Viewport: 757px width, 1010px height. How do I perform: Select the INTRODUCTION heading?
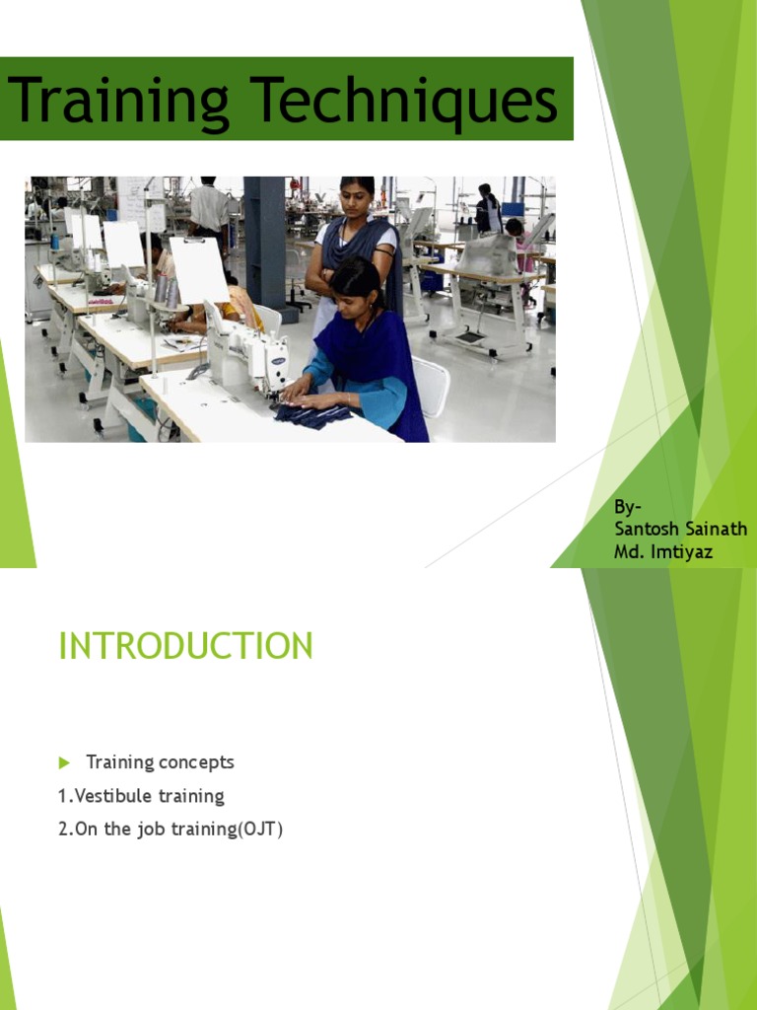pos(185,646)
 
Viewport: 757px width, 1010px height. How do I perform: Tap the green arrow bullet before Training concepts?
pos(65,762)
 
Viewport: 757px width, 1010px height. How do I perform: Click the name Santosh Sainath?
pos(680,530)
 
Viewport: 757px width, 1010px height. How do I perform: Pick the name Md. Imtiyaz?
pos(662,551)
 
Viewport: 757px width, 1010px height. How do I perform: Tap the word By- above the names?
pos(628,507)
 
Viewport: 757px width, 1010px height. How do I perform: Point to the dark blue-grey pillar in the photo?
pos(264,242)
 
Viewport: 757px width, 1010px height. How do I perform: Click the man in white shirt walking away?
pos(209,207)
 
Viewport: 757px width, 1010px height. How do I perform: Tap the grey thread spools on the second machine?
pos(165,290)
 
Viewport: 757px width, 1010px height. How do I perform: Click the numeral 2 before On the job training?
pos(63,830)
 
